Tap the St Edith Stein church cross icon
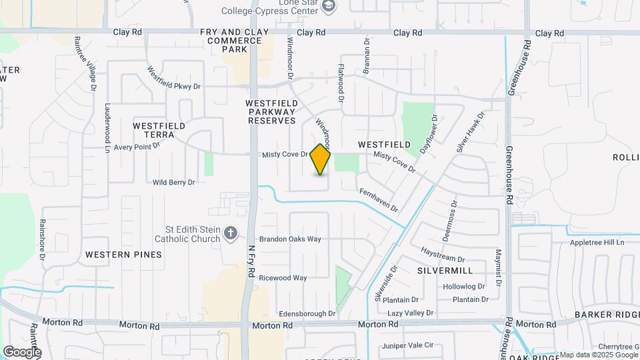click(x=231, y=233)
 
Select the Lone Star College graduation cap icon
click(x=329, y=6)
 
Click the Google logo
click(x=22, y=351)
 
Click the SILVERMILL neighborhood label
click(x=445, y=271)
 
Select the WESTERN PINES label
click(x=124, y=255)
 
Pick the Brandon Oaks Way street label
click(x=290, y=239)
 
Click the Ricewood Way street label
click(x=283, y=277)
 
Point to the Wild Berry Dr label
click(x=173, y=182)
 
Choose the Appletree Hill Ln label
click(x=597, y=243)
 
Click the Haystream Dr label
click(x=443, y=254)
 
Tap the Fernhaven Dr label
click(x=378, y=200)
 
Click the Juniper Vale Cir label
click(x=408, y=345)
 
